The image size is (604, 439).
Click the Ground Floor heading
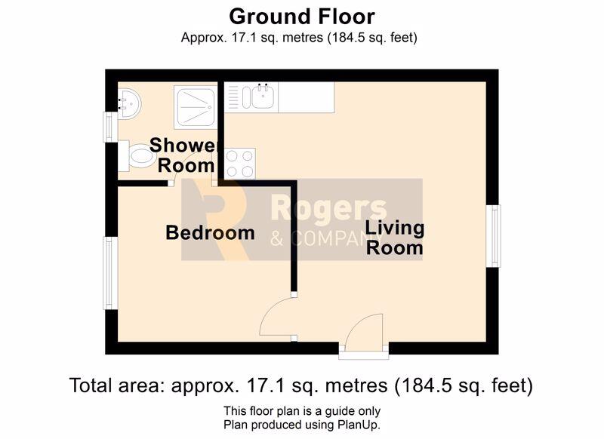pos(301,17)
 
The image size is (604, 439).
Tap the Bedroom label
pos(210,233)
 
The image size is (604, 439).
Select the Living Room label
pos(394,238)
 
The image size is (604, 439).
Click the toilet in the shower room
pos(135,156)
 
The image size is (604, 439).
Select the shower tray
pos(196,107)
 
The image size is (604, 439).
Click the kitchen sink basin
pos(263,97)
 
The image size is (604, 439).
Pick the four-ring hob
pos(239,164)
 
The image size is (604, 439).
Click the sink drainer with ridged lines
pos(233,97)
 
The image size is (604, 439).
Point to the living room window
pos(494,236)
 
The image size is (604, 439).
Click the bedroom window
pos(110,273)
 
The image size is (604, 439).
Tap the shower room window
pos(110,127)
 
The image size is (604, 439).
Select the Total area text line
pos(301,385)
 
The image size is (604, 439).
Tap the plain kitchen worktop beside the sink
pos(306,97)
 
